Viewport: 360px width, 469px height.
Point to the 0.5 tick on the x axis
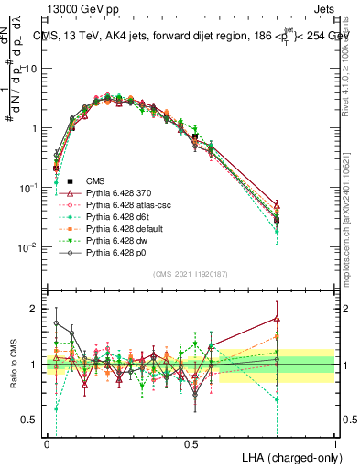point(191,443)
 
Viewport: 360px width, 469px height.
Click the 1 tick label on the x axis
point(335,443)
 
